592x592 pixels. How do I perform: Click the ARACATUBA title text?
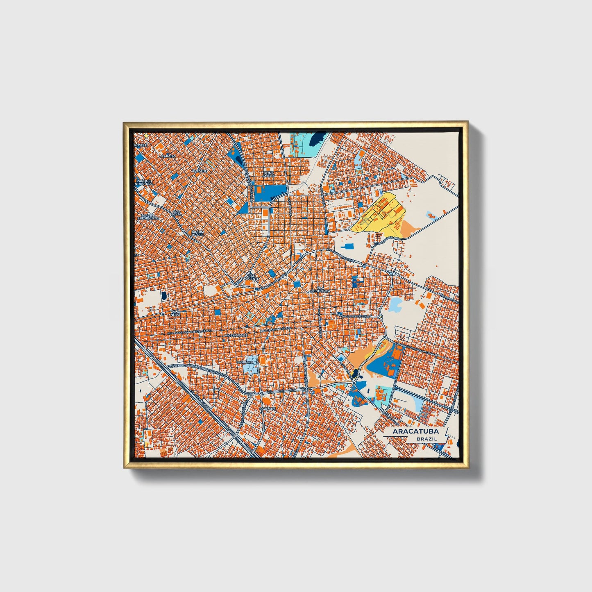tap(415, 431)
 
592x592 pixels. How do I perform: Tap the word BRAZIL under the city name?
tap(426, 439)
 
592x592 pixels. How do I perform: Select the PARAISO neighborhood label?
tap(169, 156)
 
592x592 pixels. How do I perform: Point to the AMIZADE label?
tap(200, 170)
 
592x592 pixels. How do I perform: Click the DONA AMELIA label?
tap(269, 174)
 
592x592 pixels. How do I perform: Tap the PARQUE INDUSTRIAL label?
tap(145, 182)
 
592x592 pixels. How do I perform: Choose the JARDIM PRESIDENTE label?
tap(145, 216)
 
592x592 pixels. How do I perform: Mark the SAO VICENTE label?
tap(252, 277)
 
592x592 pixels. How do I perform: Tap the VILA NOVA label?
tap(175, 313)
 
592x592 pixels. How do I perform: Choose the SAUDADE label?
tap(268, 408)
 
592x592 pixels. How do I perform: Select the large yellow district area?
tap(379, 214)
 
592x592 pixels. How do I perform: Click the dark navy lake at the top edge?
tap(317, 139)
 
